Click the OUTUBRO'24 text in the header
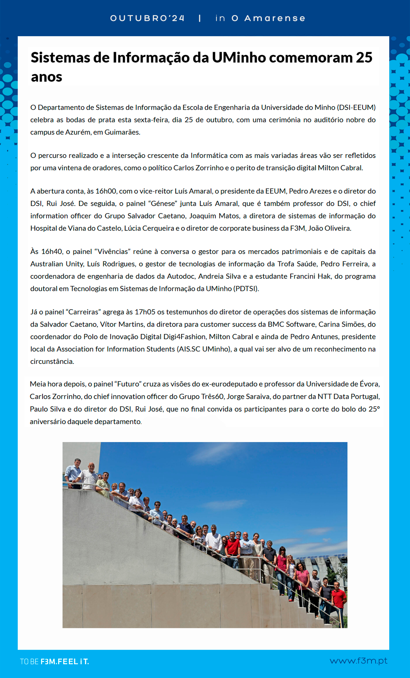coord(147,18)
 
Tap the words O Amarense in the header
coord(268,18)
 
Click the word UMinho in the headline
coord(239,58)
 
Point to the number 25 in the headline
coord(364,58)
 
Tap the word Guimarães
coord(122,132)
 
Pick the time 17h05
coord(145,312)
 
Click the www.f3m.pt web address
coord(358,661)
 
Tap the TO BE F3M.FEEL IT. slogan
coord(55,662)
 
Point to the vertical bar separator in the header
coord(200,18)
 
